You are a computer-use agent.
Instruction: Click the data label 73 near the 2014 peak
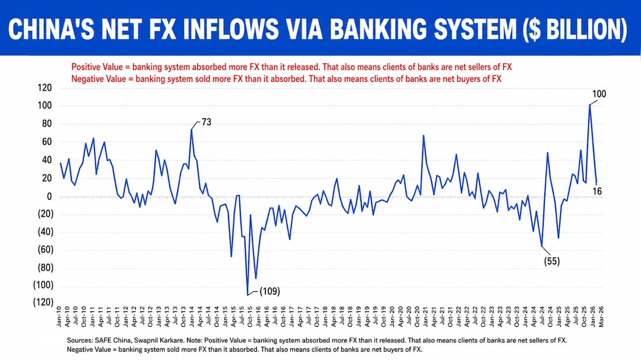click(207, 122)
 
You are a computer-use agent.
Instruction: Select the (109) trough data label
click(269, 291)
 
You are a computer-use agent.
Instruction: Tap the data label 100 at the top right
click(599, 94)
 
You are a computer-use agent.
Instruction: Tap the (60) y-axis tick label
click(43, 250)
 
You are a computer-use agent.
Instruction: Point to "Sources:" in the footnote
click(81, 340)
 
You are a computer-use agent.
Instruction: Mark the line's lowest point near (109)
click(247, 294)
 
